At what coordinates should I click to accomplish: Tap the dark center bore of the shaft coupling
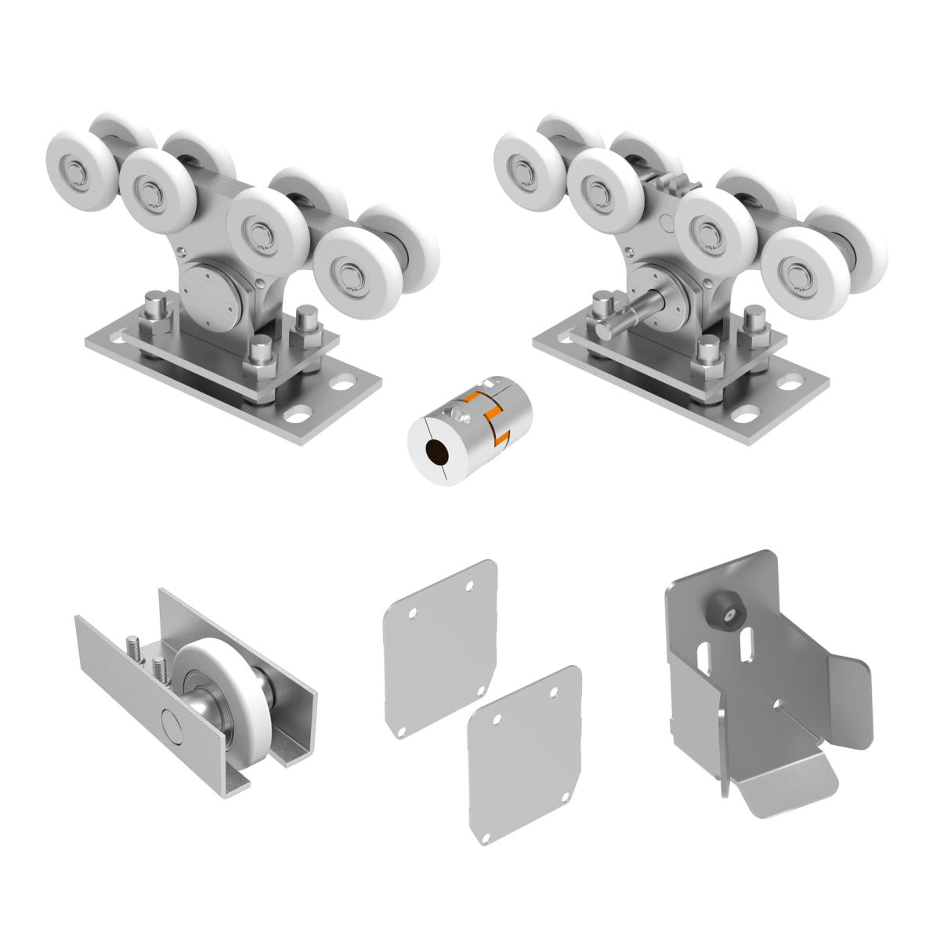pos(432,452)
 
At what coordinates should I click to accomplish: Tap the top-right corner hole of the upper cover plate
pos(470,585)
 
